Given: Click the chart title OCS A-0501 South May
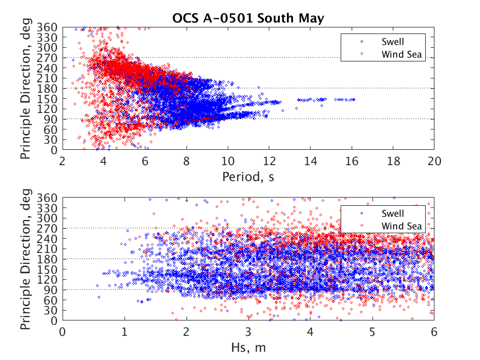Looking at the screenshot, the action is [x=249, y=18].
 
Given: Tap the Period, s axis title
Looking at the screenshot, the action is [x=249, y=177].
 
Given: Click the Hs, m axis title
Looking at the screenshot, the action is [x=249, y=347].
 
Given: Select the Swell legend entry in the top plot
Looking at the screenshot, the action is [x=393, y=42].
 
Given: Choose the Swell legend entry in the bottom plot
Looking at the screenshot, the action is [x=393, y=213].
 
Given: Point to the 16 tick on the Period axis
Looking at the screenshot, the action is [x=352, y=161].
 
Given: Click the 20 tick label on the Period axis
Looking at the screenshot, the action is [x=434, y=161].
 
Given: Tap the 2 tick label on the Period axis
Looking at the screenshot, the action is [x=63, y=161].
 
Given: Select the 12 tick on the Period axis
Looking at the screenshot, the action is [x=269, y=161].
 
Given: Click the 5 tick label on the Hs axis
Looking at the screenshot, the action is [x=372, y=332].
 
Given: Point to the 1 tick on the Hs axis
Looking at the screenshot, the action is [x=125, y=332].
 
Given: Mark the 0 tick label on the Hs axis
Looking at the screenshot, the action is [x=63, y=332].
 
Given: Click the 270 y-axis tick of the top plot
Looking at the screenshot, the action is [x=47, y=58].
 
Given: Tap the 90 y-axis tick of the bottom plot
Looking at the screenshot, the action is [x=50, y=290].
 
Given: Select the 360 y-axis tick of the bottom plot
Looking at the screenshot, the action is [x=47, y=198].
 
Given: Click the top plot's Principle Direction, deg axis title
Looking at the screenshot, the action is [x=26, y=88].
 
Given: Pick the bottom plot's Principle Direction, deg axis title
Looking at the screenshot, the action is [x=26, y=259].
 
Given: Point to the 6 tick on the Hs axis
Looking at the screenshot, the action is [x=434, y=332].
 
